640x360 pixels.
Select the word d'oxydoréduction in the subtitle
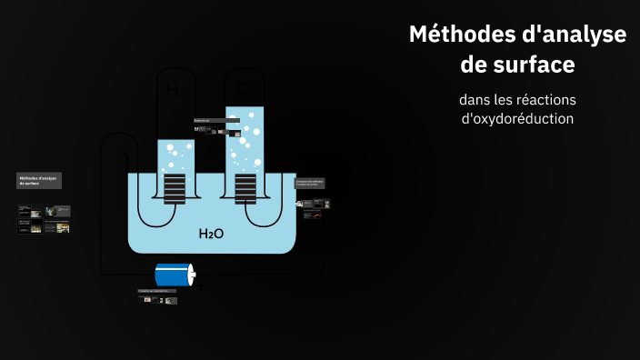point(517,118)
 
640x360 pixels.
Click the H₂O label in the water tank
point(211,234)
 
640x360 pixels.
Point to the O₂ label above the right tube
point(245,88)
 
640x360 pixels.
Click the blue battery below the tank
point(173,275)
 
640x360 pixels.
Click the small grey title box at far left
point(39,180)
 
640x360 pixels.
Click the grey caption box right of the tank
point(310,183)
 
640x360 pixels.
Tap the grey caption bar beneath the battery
point(157,291)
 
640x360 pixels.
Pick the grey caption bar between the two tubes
point(215,120)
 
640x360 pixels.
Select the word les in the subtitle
point(506,98)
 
